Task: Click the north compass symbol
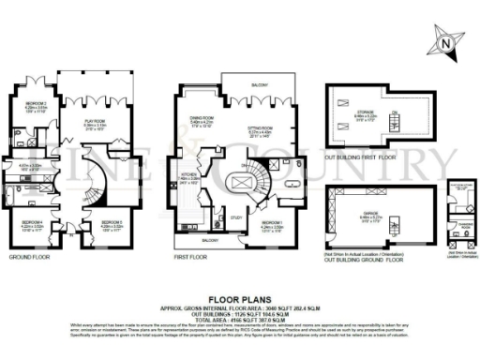coord(446,41)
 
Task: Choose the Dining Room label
coord(202,118)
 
